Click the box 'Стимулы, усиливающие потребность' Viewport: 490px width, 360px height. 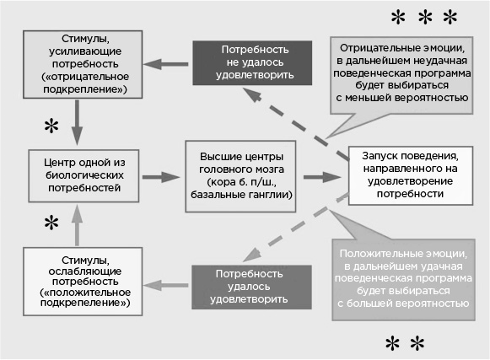tap(76, 63)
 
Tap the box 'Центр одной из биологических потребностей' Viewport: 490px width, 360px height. tap(78, 175)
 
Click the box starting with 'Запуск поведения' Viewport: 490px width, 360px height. tap(408, 175)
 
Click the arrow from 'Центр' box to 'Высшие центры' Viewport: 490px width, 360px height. tap(161, 177)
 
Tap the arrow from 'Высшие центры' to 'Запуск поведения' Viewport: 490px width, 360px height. tap(322, 177)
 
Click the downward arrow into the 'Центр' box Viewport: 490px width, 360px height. tap(78, 122)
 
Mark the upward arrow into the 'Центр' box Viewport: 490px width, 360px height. tap(78, 227)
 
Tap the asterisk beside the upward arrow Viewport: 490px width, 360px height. tap(52, 223)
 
